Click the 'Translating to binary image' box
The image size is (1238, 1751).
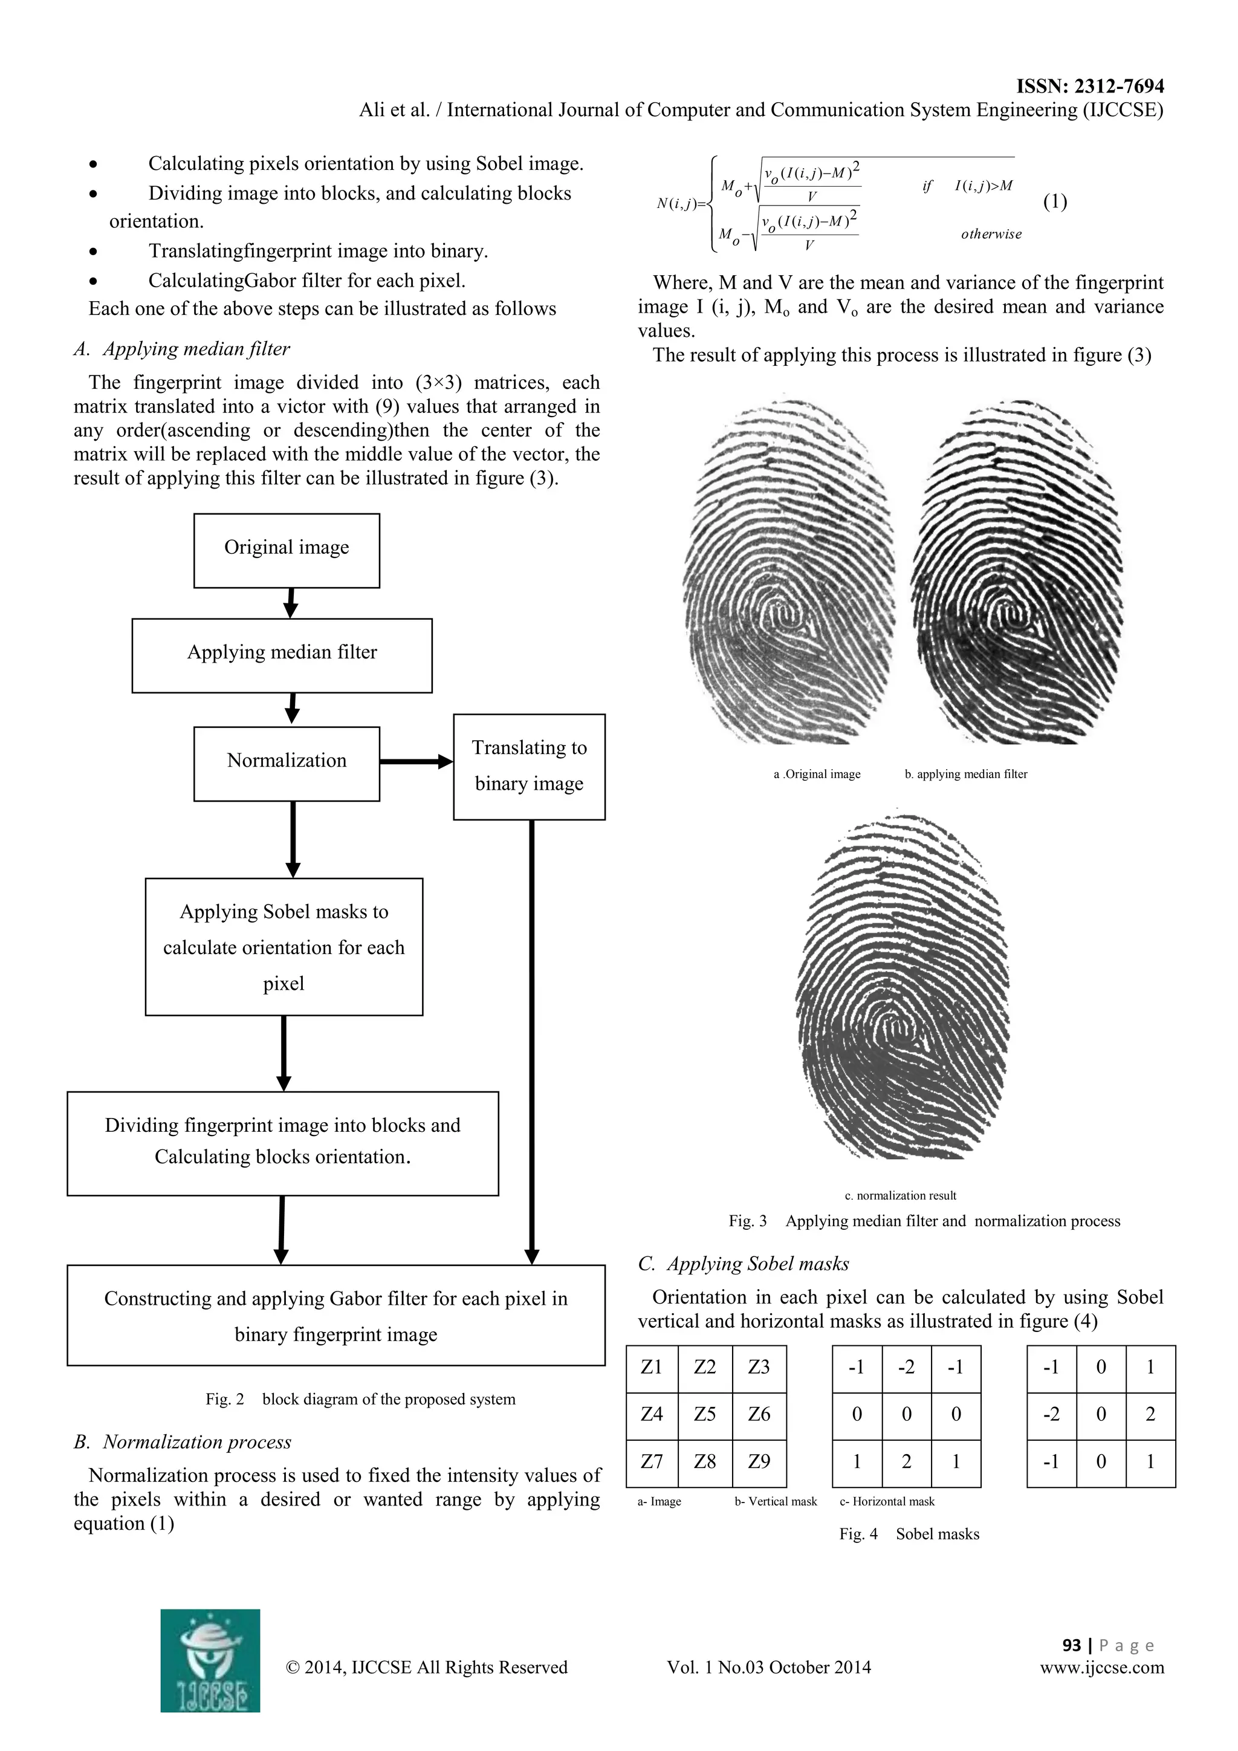pyautogui.click(x=529, y=767)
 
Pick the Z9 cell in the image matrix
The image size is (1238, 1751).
pyautogui.click(x=759, y=1461)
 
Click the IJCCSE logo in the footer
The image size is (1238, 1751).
pyautogui.click(x=210, y=1661)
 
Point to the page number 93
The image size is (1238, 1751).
pyautogui.click(x=1072, y=1645)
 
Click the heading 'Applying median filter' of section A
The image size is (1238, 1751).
pyautogui.click(x=196, y=349)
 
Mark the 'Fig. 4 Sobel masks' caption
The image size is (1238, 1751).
pyautogui.click(x=909, y=1534)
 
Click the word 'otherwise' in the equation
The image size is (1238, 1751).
pyautogui.click(x=991, y=234)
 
